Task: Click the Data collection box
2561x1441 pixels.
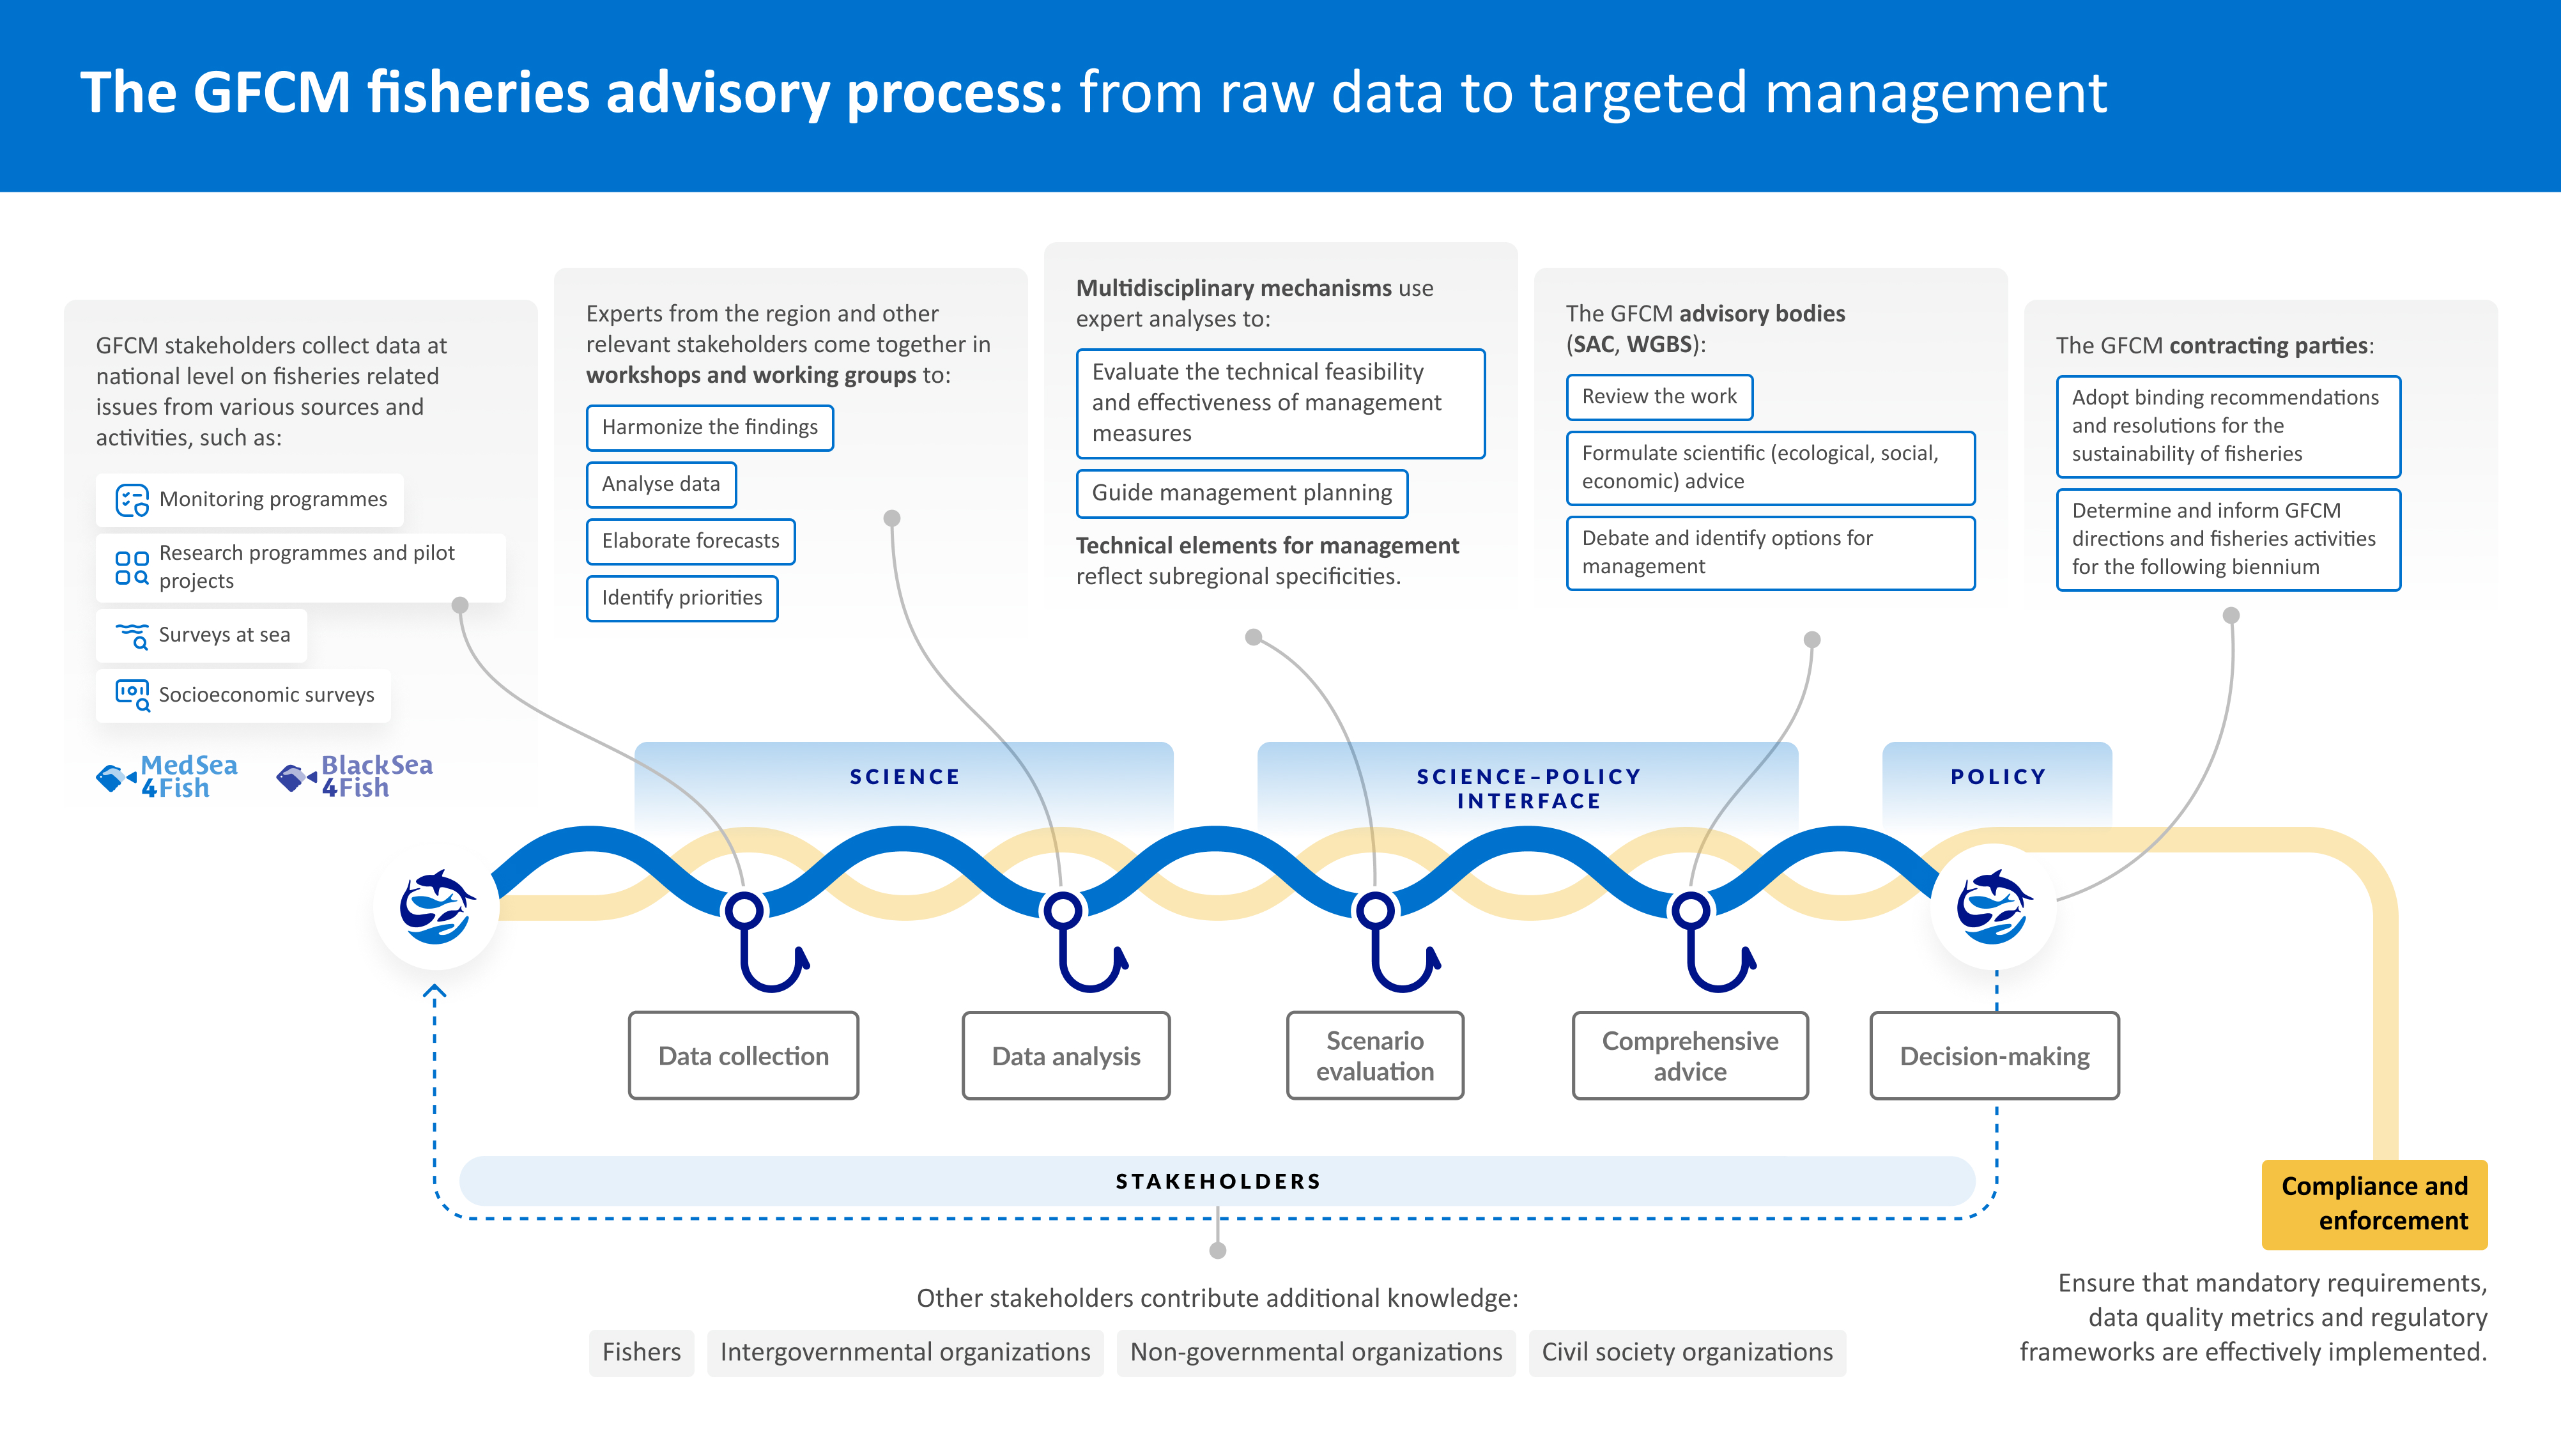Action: click(x=744, y=1055)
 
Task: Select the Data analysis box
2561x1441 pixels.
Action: click(x=1066, y=1055)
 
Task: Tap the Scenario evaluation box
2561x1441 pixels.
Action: click(x=1375, y=1055)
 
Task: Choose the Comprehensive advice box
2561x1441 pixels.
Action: click(x=1690, y=1055)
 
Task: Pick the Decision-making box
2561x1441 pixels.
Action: click(x=1994, y=1055)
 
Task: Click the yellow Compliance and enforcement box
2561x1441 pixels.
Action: click(x=2374, y=1203)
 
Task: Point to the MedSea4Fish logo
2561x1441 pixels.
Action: click(x=167, y=776)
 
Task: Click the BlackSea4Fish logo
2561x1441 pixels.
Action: click(x=355, y=776)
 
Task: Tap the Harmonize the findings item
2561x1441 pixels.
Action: click(x=710, y=428)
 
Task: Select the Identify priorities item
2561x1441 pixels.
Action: click(x=682, y=597)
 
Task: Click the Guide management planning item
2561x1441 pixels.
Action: click(x=1242, y=493)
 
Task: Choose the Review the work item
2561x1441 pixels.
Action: click(x=1659, y=397)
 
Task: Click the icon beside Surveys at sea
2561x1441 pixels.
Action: click(x=132, y=635)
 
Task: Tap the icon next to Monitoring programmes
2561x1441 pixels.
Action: click(x=132, y=499)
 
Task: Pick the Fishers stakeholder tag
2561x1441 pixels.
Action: click(x=642, y=1352)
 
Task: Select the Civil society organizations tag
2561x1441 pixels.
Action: click(x=1687, y=1352)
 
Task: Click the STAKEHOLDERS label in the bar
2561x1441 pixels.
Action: click(x=1218, y=1182)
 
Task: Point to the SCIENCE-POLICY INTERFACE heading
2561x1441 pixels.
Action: click(x=1528, y=788)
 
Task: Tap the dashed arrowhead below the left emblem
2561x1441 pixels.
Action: click(x=435, y=992)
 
